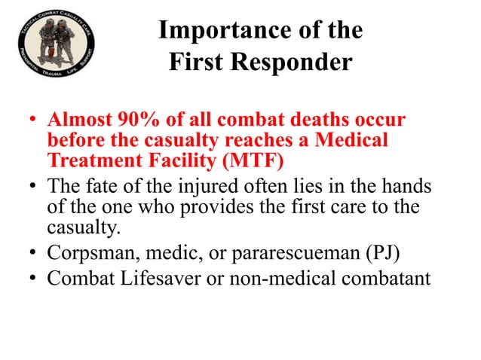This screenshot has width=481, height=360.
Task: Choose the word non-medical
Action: (287, 279)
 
